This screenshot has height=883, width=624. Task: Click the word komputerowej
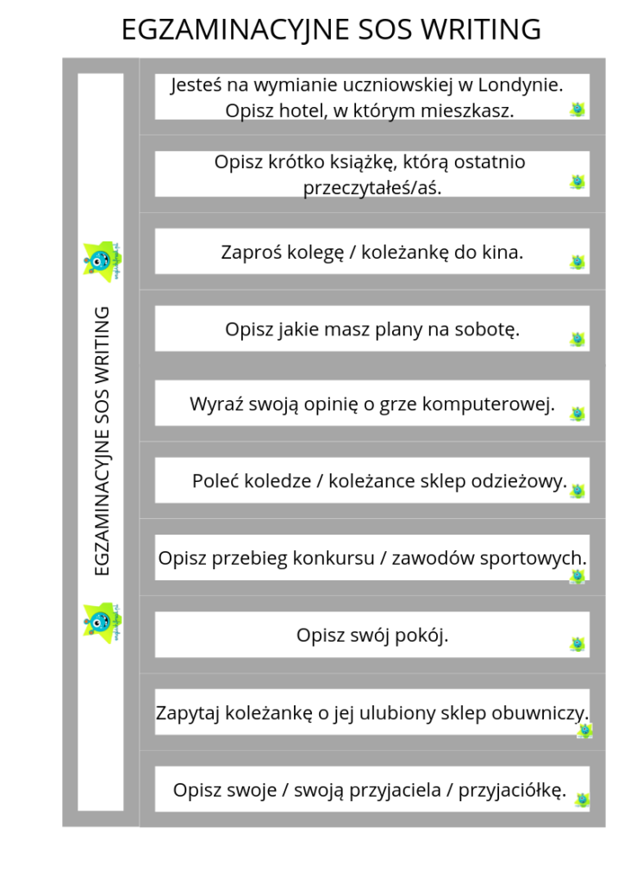(x=490, y=404)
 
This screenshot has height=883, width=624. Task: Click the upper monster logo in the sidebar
(x=102, y=259)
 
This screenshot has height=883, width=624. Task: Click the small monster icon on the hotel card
(x=577, y=109)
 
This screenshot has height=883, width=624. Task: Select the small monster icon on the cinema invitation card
(x=577, y=261)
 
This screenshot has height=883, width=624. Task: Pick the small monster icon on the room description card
(x=577, y=644)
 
